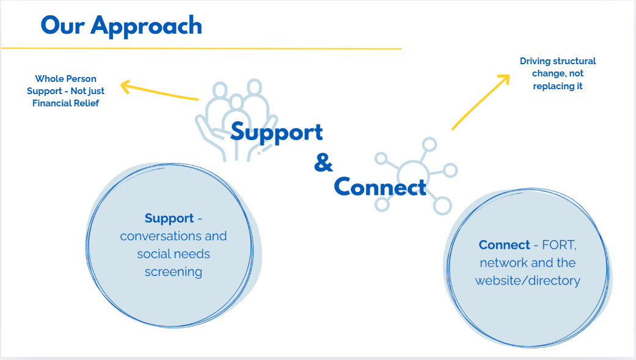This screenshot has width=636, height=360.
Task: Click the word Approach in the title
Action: click(147, 26)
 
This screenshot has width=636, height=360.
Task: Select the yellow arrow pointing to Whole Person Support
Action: click(159, 91)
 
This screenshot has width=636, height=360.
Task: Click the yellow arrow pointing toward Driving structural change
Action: click(481, 101)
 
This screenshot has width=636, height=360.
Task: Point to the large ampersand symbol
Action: click(324, 163)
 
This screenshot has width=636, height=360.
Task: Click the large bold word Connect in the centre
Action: click(380, 187)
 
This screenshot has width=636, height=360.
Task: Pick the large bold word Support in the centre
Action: click(277, 132)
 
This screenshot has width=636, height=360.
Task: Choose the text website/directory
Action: click(528, 281)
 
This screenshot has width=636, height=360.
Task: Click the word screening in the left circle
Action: click(174, 272)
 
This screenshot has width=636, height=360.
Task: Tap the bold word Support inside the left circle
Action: click(169, 218)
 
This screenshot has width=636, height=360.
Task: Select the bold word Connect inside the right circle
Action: click(505, 245)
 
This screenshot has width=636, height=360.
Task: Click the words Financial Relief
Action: click(65, 103)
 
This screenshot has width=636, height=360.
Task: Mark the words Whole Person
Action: click(65, 79)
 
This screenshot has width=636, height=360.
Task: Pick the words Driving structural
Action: click(558, 61)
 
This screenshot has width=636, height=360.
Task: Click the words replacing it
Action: click(558, 86)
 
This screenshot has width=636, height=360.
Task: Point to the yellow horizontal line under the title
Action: click(201, 48)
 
